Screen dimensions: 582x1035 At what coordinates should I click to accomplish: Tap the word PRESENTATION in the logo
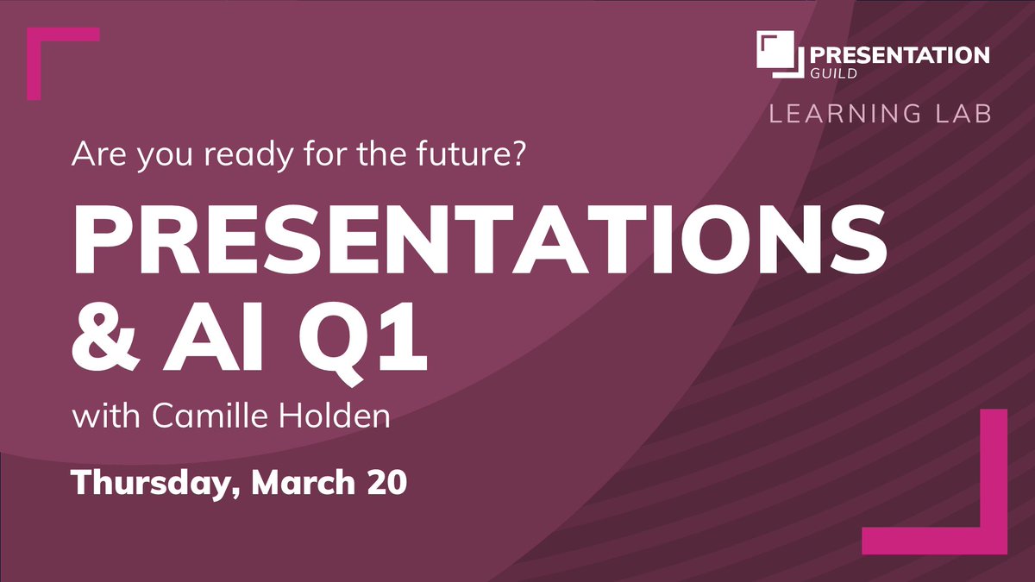coord(899,55)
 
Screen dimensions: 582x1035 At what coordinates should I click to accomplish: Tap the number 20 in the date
coord(385,482)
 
